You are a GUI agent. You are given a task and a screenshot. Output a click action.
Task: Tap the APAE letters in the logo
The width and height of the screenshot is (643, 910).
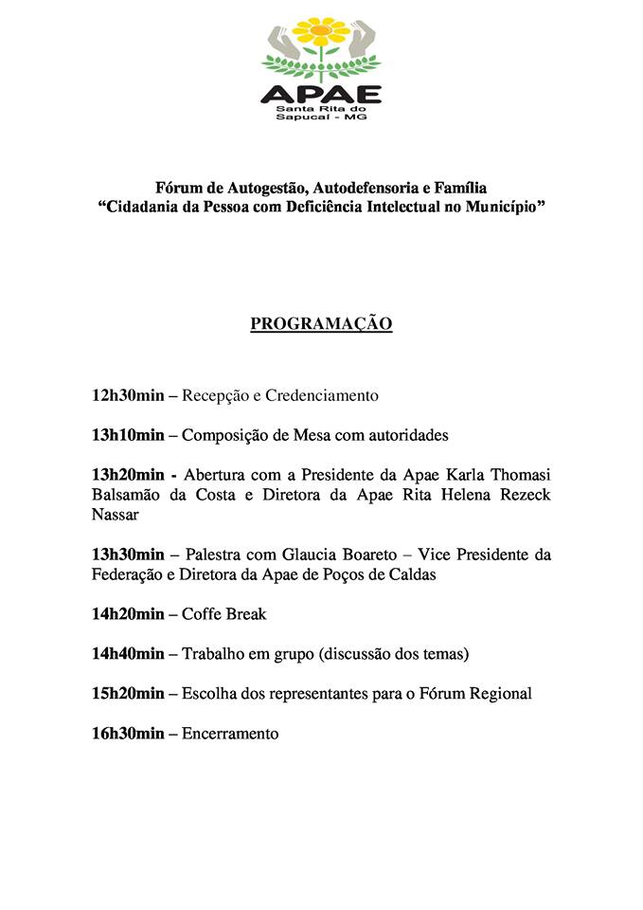click(x=321, y=94)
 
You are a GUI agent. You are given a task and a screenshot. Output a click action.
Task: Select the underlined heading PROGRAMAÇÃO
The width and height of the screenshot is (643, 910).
click(x=321, y=324)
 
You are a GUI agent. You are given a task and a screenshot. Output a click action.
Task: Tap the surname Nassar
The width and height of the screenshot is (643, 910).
click(x=116, y=516)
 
